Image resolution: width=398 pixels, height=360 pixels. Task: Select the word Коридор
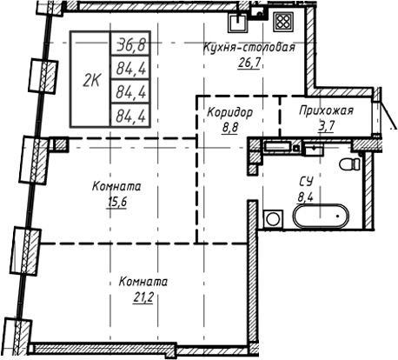[230, 113]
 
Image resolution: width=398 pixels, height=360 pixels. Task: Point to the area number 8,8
[230, 128]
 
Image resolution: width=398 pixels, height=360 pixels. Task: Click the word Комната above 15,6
[116, 187]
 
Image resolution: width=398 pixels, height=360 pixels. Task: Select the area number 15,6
[116, 202]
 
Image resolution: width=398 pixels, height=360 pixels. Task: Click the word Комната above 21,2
[144, 283]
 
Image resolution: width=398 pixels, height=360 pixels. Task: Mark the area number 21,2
[144, 297]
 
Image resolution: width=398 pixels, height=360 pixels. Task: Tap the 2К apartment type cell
[90, 81]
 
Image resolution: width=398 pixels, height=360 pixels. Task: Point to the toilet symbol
[352, 165]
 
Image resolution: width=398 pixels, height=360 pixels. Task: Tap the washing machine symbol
[273, 217]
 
